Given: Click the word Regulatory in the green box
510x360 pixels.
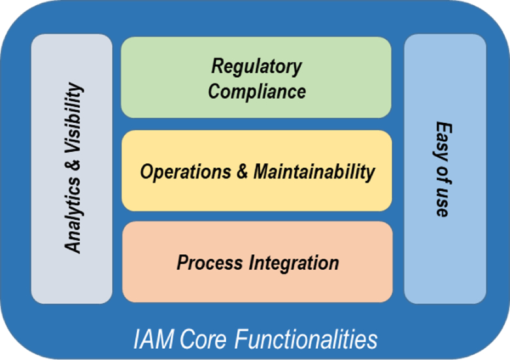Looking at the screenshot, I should point(257,67).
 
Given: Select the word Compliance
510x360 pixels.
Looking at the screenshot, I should point(257,90).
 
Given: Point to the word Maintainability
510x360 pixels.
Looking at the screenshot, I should point(314,172).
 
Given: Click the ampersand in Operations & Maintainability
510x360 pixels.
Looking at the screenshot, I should point(243,172).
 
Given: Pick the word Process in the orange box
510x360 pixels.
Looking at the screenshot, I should point(208,263).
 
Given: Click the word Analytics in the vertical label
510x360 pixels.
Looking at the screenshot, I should point(74,215).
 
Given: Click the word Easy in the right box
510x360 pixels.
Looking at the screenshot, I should point(443,139).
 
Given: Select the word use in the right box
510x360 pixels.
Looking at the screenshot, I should point(443,203).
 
